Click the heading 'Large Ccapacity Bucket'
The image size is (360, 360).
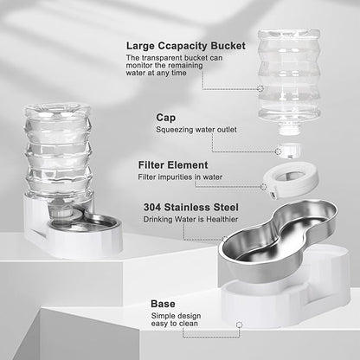click(185, 45)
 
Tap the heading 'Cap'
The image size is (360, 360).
click(165, 117)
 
